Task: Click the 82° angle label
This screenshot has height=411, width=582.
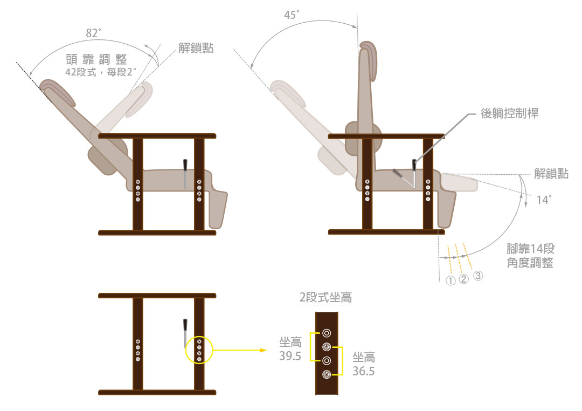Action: pyautogui.click(x=94, y=33)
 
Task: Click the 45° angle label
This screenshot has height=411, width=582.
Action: pyautogui.click(x=292, y=15)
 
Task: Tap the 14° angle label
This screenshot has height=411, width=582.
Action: pyautogui.click(x=544, y=200)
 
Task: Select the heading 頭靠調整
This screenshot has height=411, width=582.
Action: pyautogui.click(x=96, y=59)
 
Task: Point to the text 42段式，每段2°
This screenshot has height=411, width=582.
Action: pyautogui.click(x=101, y=72)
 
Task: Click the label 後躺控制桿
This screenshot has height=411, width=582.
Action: pyautogui.click(x=509, y=113)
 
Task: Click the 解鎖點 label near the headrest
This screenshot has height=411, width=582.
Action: pyautogui.click(x=196, y=48)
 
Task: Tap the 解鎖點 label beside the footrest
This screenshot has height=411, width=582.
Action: pyautogui.click(x=551, y=174)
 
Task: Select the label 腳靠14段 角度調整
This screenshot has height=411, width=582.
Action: pyautogui.click(x=530, y=256)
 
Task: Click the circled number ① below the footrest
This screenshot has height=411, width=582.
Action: pyautogui.click(x=450, y=280)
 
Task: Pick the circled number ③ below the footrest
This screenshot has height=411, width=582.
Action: pyautogui.click(x=478, y=276)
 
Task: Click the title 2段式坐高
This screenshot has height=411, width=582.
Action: pyautogui.click(x=325, y=297)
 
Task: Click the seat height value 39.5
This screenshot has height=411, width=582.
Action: pyautogui.click(x=290, y=356)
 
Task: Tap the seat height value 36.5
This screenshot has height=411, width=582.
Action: pyautogui.click(x=363, y=371)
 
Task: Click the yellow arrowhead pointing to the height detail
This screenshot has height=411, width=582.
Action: pyautogui.click(x=263, y=350)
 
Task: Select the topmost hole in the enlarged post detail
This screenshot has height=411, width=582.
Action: pyautogui.click(x=327, y=333)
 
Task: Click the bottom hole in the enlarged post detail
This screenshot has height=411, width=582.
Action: pyautogui.click(x=327, y=374)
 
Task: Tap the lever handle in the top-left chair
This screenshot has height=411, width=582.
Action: pyautogui.click(x=185, y=165)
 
